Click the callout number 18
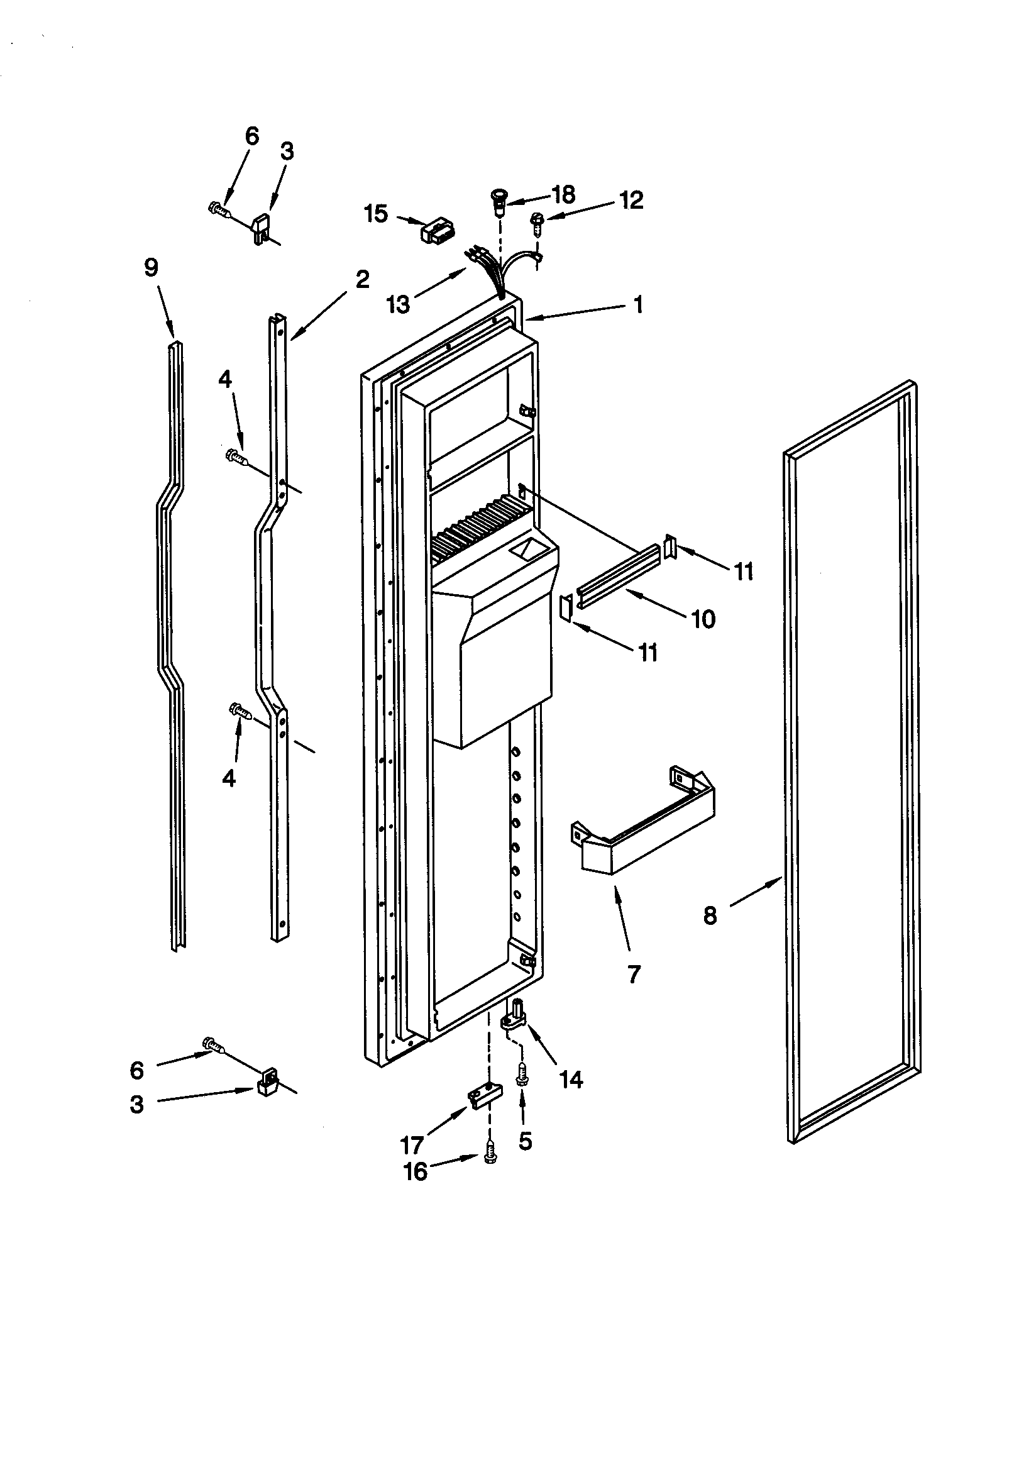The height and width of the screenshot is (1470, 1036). (x=563, y=195)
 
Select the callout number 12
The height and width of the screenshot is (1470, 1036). (x=631, y=201)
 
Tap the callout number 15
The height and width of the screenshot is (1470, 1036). (x=377, y=214)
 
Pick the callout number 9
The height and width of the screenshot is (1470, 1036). (x=151, y=267)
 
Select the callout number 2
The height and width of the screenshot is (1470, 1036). (x=362, y=279)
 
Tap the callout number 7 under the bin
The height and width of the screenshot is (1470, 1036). (x=633, y=975)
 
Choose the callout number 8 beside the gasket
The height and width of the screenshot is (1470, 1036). (x=710, y=916)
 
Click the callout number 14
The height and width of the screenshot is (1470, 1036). (x=572, y=1080)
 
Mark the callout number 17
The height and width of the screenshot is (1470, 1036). (x=412, y=1144)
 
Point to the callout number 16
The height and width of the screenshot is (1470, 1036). (x=416, y=1171)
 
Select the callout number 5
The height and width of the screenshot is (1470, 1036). (x=525, y=1141)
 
